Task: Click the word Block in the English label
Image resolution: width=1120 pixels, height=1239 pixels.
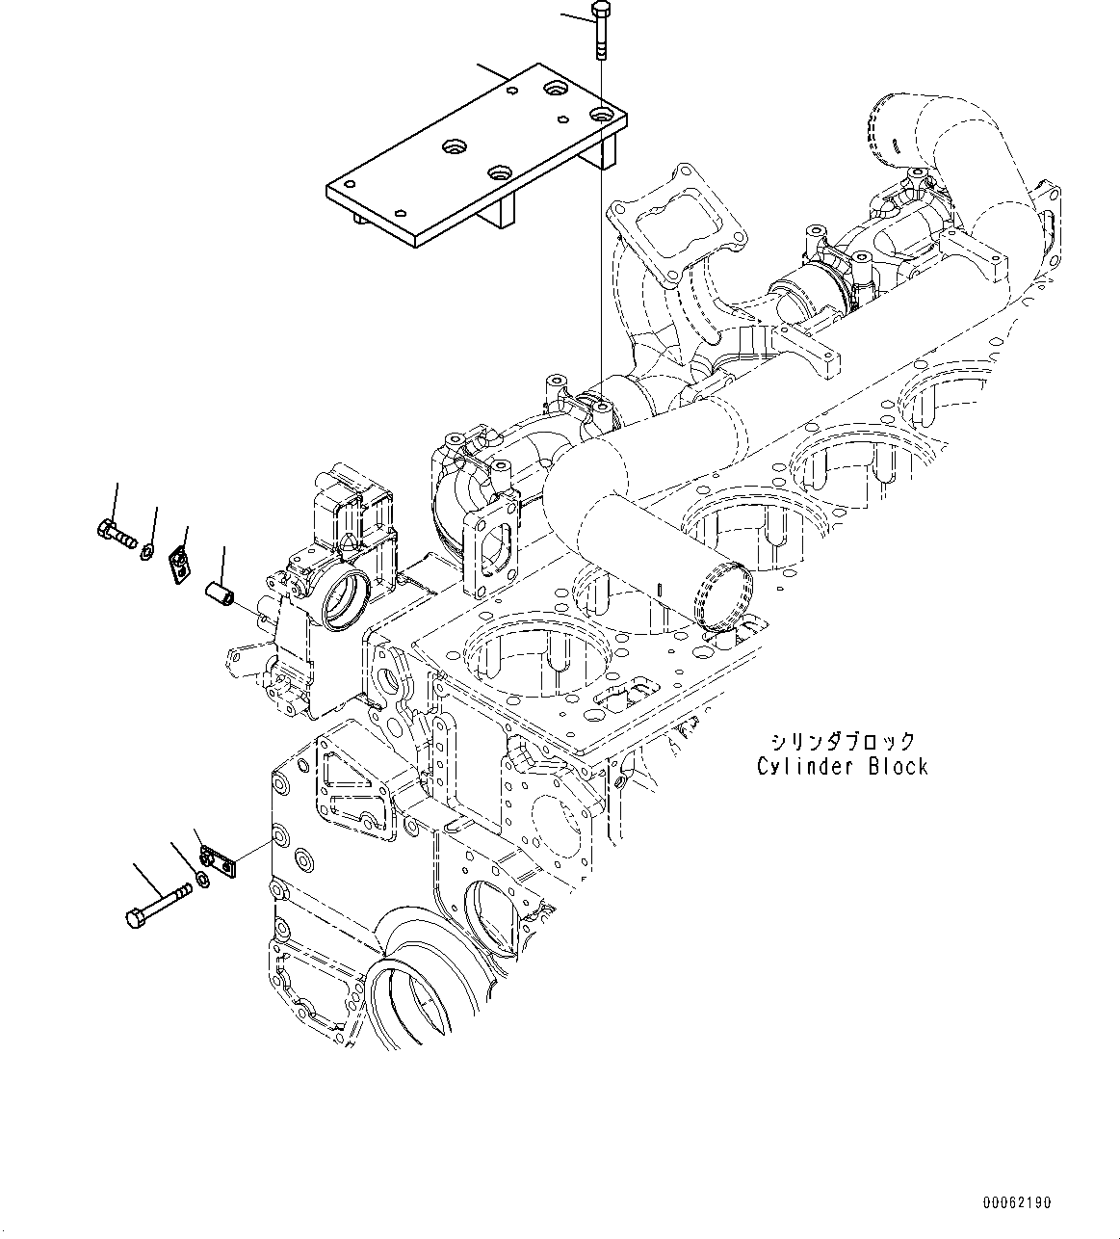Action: (x=897, y=767)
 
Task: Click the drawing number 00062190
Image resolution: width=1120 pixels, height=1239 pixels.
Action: (x=1017, y=1203)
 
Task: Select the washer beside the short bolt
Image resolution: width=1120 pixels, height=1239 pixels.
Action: (x=146, y=551)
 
